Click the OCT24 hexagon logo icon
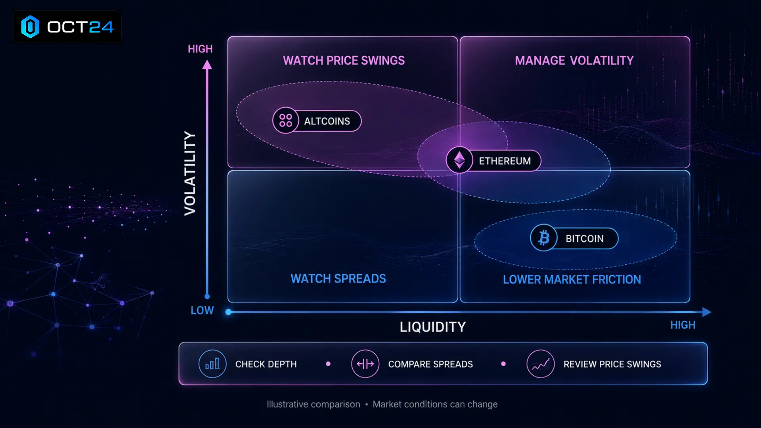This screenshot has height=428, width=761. (30, 27)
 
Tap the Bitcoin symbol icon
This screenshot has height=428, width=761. (544, 238)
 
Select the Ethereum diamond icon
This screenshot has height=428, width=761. (459, 160)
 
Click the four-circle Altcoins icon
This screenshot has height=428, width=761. (285, 120)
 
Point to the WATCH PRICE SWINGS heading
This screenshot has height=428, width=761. (344, 61)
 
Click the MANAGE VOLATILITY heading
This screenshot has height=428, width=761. (574, 61)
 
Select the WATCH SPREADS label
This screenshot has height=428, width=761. (338, 279)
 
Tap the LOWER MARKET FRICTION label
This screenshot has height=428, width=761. (572, 279)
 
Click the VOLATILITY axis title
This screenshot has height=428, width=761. (190, 174)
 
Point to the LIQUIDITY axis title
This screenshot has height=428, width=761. (432, 327)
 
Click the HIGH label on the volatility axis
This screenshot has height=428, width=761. (200, 49)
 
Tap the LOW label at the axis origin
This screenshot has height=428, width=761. (202, 310)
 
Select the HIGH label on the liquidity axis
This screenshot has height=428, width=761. (683, 325)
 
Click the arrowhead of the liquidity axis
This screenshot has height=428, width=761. (707, 312)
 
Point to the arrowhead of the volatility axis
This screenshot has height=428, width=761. (207, 65)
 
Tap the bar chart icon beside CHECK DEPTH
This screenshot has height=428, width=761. (212, 364)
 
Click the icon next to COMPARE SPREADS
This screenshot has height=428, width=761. (365, 364)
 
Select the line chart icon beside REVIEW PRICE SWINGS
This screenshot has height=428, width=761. (541, 364)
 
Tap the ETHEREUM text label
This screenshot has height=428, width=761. (505, 161)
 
